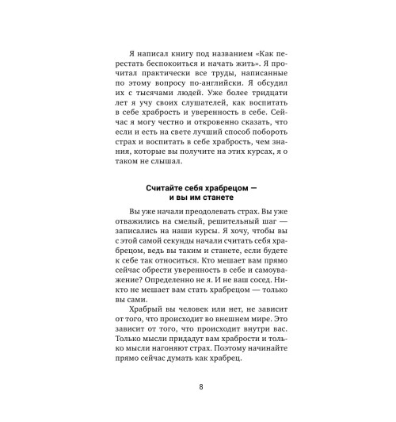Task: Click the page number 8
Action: pos(201,386)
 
